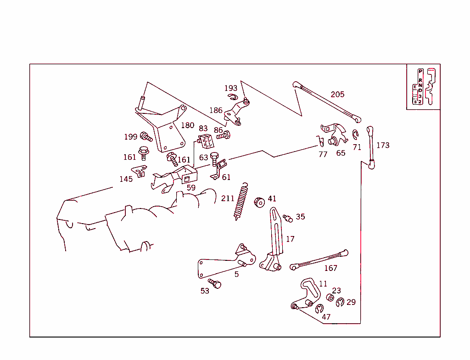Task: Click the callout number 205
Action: (337, 95)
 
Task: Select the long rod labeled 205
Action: (326, 101)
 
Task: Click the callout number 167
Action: (330, 268)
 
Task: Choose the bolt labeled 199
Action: (146, 136)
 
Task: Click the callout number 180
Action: (187, 125)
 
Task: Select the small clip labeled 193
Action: (233, 96)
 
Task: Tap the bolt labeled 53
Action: (215, 283)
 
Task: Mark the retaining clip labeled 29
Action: (340, 302)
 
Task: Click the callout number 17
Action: (290, 239)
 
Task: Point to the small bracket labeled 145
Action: (139, 171)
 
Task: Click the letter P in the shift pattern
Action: (420, 72)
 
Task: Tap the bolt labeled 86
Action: (224, 135)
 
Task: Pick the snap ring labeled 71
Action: (355, 134)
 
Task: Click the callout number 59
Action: (191, 188)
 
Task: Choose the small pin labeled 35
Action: (288, 218)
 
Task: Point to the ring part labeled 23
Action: (330, 298)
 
